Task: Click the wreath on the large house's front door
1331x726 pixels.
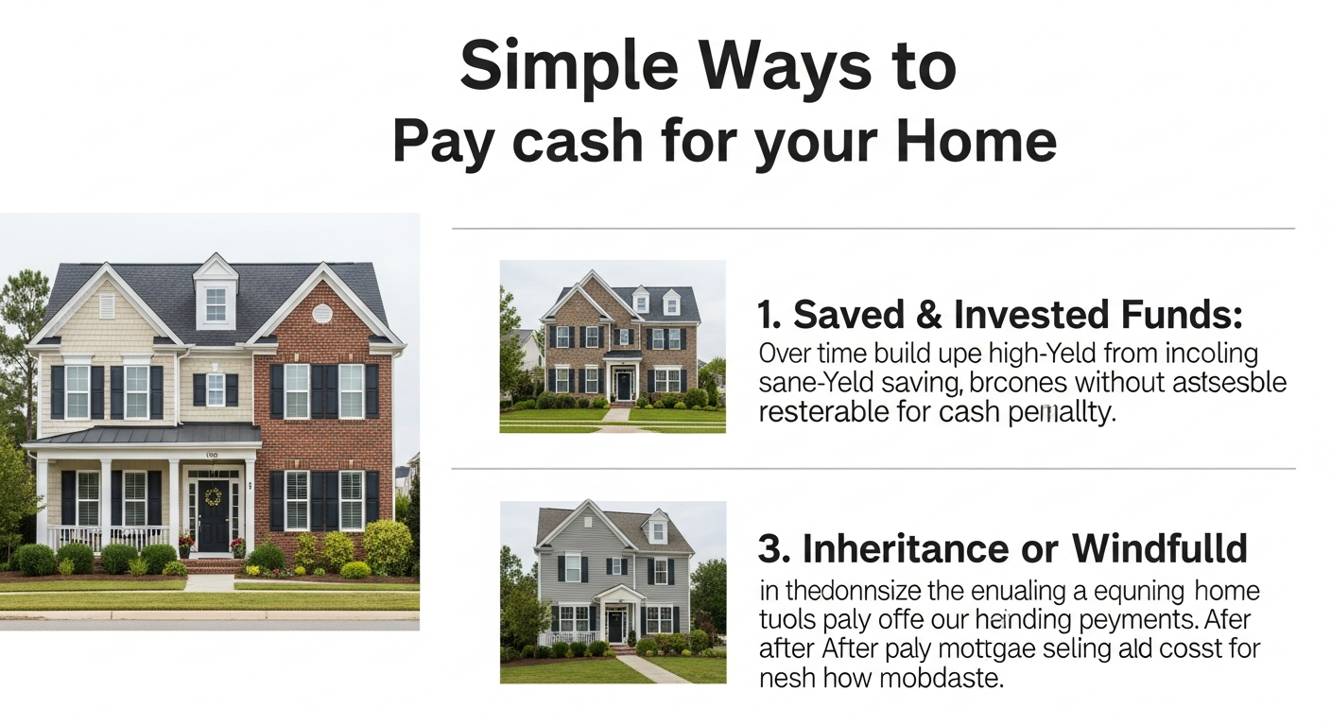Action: click(x=213, y=496)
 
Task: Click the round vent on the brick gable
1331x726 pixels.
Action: click(x=322, y=313)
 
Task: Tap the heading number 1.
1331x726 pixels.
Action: click(x=767, y=315)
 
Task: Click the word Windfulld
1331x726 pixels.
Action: click(x=1159, y=548)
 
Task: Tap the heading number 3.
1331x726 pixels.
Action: click(x=769, y=548)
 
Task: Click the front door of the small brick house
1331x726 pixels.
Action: click(x=624, y=385)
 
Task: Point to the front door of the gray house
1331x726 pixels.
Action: click(x=615, y=625)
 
